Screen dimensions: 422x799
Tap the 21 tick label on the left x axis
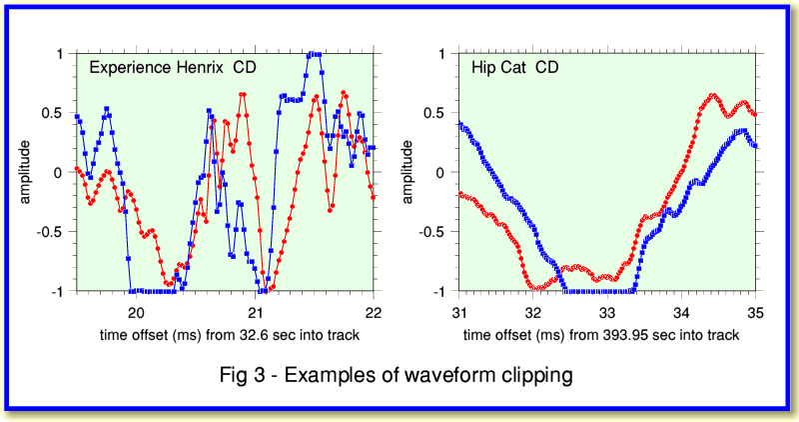(254, 311)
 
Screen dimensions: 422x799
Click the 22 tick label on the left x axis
(373, 311)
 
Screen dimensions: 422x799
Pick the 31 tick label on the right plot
(459, 311)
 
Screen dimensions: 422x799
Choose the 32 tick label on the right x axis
(533, 311)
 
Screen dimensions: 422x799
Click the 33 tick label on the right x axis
(607, 311)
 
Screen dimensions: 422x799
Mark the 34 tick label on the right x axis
(681, 311)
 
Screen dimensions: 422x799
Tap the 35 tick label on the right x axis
(755, 311)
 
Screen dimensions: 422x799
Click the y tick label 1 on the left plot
(61, 53)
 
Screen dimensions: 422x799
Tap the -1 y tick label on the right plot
(438, 292)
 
